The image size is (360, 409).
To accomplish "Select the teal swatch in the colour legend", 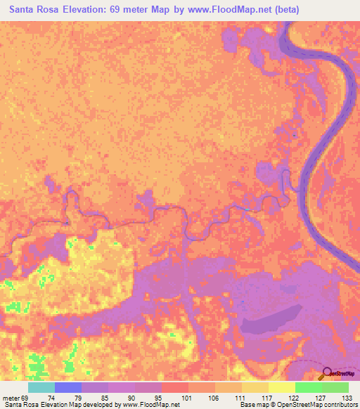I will (41, 387).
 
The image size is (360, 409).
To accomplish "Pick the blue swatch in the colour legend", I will (68, 387).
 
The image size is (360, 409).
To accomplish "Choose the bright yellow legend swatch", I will (281, 387).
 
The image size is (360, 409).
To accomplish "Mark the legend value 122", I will (292, 398).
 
